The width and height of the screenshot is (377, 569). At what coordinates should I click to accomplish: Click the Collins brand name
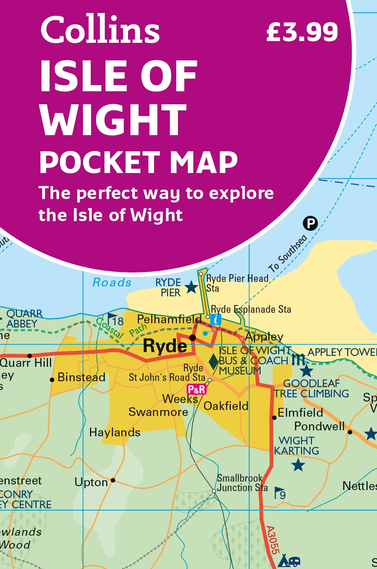pos(100,30)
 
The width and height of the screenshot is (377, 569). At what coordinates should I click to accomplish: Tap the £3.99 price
pos(302,32)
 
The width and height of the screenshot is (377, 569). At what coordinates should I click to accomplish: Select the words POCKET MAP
pos(139,162)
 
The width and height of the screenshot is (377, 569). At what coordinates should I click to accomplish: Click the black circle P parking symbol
pos(310,223)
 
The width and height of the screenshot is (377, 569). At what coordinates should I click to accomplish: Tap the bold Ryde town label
pos(165,346)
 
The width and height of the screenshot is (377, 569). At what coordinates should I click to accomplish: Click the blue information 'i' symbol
pos(216,319)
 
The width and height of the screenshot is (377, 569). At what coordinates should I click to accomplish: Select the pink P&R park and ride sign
pos(196,389)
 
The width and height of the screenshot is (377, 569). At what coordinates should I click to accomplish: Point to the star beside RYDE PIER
pos(191,287)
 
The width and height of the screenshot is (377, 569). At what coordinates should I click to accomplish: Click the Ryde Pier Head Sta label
pos(236,283)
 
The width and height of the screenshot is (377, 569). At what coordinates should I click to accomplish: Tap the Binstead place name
pos(81,377)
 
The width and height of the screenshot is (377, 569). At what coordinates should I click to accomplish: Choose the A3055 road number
pos(272,540)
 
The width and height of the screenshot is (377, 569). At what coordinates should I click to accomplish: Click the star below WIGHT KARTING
pos(298,465)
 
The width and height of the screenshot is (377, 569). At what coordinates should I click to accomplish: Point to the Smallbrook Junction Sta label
pos(242,483)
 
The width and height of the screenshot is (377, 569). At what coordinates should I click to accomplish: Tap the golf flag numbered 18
pos(115,320)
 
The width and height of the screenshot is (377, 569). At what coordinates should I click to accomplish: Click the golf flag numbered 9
pos(280,493)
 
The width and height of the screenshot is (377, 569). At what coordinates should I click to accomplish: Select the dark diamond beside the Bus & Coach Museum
pos(213,362)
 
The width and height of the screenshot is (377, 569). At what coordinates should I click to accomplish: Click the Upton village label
pos(91,483)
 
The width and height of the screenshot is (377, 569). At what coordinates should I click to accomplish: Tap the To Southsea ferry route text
pos(288,254)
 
